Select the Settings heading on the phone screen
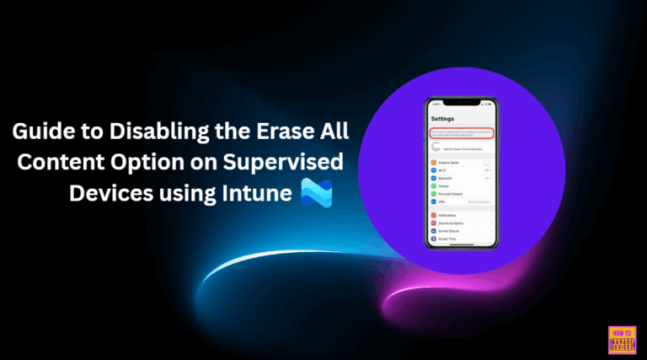click(x=445, y=119)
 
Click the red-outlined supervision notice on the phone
click(x=462, y=133)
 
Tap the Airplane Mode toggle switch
click(x=488, y=163)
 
